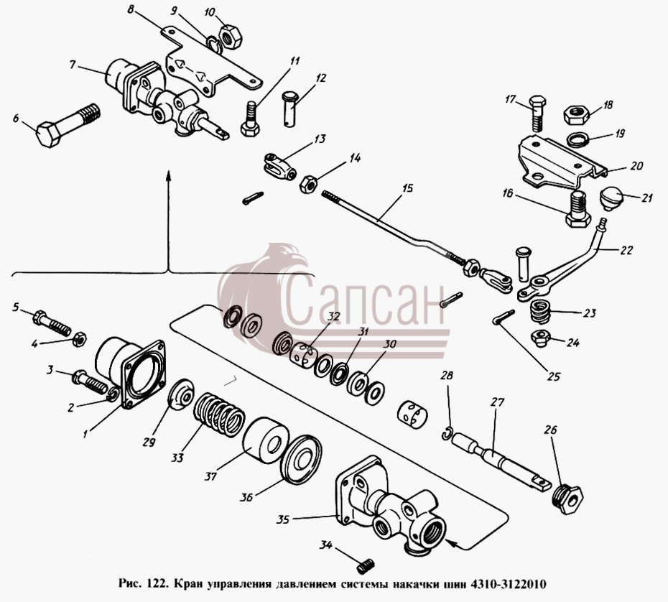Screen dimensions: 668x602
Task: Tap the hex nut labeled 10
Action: coord(230,35)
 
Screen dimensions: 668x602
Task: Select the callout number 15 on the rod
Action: coord(407,188)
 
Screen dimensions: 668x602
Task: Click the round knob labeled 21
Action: coord(611,198)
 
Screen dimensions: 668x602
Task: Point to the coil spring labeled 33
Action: coord(219,415)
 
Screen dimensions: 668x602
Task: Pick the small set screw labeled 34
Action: coord(366,566)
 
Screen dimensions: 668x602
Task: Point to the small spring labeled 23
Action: coord(540,311)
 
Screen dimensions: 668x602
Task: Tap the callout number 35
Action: coord(283,520)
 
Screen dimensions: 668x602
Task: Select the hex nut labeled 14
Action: coord(307,185)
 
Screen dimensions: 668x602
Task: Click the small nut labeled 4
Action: coord(79,340)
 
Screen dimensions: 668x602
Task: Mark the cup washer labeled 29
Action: coord(181,394)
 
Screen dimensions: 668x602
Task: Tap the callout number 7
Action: coord(73,65)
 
